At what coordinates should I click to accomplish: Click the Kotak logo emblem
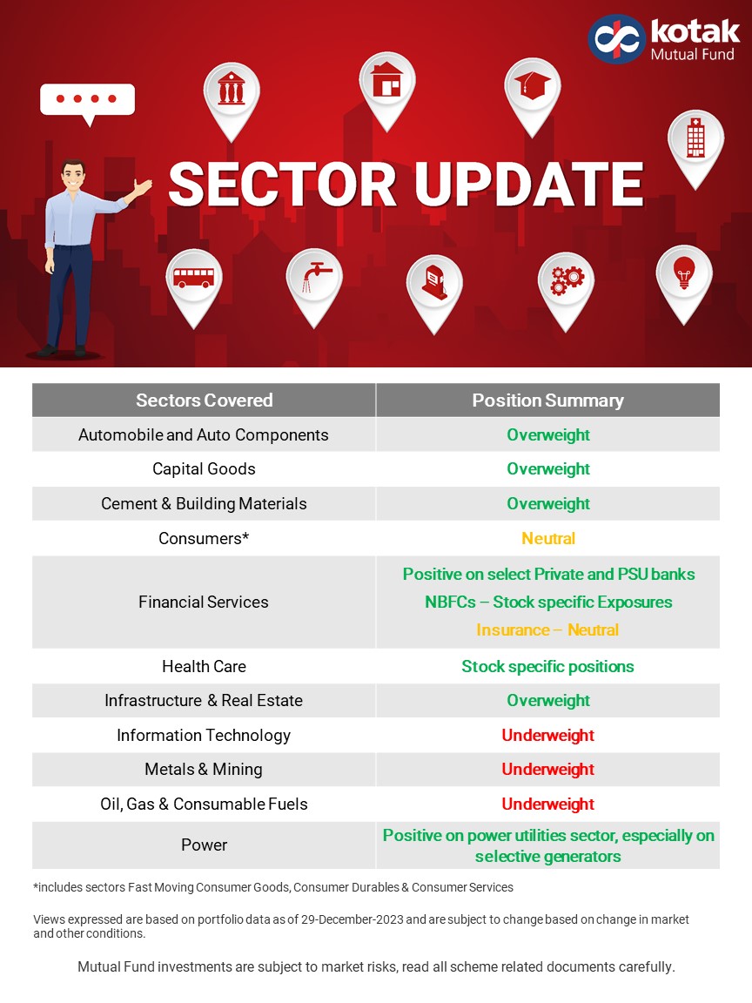(x=615, y=39)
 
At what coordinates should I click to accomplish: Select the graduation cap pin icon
(x=532, y=86)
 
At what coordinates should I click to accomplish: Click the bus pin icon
(x=193, y=278)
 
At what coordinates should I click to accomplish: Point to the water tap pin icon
(x=314, y=277)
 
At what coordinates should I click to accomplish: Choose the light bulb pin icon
(x=683, y=273)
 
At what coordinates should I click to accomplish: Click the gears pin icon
(x=566, y=280)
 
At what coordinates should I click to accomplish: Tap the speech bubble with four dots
(x=87, y=99)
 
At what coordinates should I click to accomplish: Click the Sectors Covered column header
(x=204, y=401)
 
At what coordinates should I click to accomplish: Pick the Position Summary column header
(x=547, y=401)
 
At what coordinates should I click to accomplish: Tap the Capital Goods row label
(x=204, y=469)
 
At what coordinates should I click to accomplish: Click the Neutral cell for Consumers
(x=548, y=538)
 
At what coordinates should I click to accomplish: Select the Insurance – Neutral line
(x=547, y=629)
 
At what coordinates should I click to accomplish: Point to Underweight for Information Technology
(x=547, y=735)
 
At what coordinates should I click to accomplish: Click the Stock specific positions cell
(x=547, y=666)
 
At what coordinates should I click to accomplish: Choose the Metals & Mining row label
(x=204, y=770)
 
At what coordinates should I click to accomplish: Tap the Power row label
(x=204, y=845)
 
